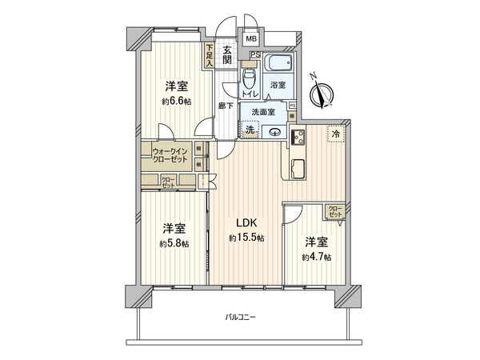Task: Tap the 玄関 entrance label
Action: point(227,54)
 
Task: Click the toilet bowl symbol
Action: point(250,77)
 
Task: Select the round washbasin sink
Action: point(275,133)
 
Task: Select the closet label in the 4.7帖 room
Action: point(335,213)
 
